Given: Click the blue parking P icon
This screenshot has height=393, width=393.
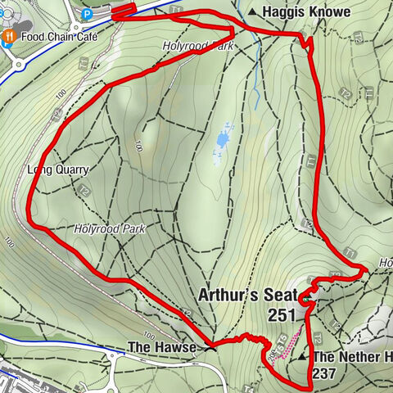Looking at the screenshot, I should click(x=87, y=13).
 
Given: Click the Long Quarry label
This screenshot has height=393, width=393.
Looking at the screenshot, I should click(x=58, y=169).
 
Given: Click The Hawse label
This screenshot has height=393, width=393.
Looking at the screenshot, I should click(x=161, y=348).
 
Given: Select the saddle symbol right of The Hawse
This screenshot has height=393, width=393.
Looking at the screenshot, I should click(x=211, y=348).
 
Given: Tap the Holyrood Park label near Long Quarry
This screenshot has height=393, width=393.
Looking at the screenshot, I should click(x=108, y=230).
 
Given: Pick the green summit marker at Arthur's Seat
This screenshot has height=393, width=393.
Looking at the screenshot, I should click(x=305, y=301).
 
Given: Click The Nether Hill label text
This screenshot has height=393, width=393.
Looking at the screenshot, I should click(x=351, y=358).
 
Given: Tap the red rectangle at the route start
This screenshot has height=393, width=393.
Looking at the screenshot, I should click(x=123, y=10).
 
